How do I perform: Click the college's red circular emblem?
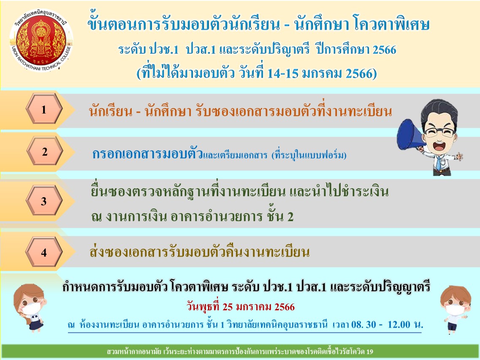pyautogui.click(x=41, y=41)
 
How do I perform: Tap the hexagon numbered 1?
pyautogui.click(x=44, y=109)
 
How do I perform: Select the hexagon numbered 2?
pyautogui.click(x=45, y=152)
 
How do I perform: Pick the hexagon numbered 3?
pyautogui.click(x=44, y=201)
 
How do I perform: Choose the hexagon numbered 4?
pyautogui.click(x=44, y=252)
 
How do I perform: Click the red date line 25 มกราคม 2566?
pyautogui.click(x=241, y=307)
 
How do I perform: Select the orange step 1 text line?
pyautogui.click(x=240, y=111)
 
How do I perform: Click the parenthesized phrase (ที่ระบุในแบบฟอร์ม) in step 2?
pyautogui.click(x=309, y=155)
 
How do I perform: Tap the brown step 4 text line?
pyautogui.click(x=200, y=252)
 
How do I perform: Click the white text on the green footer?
pyautogui.click(x=240, y=352)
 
